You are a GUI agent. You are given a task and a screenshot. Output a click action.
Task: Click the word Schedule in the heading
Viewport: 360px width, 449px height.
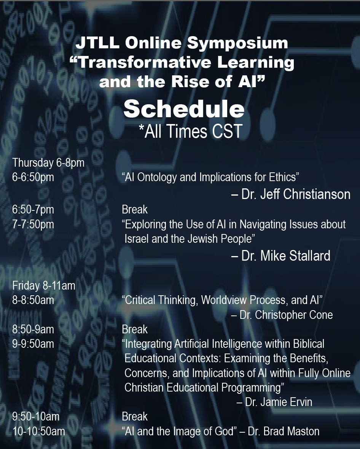(x=184, y=109)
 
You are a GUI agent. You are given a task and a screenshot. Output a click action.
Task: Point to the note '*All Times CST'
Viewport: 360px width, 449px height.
(x=190, y=131)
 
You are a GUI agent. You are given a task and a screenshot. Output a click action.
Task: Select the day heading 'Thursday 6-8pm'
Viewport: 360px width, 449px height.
(x=48, y=162)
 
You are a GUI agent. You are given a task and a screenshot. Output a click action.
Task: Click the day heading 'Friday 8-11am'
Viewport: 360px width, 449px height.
(x=44, y=285)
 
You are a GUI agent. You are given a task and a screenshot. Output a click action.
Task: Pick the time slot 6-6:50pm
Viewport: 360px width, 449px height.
(x=33, y=177)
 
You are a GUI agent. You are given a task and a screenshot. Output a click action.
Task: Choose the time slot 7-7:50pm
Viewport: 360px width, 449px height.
(x=33, y=224)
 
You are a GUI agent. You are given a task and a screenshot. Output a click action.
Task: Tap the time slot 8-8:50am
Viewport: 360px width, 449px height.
(x=33, y=300)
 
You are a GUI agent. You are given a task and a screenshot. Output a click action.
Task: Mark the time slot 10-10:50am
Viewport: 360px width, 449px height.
(x=39, y=431)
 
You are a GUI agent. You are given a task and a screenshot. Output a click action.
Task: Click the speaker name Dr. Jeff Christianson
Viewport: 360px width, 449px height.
(x=296, y=194)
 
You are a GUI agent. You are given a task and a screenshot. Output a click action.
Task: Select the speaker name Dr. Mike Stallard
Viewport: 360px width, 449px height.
(x=286, y=256)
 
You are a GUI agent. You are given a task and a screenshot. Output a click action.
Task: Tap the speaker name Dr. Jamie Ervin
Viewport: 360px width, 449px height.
(x=279, y=402)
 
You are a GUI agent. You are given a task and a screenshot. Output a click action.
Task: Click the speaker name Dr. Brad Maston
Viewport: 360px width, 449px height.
(x=284, y=431)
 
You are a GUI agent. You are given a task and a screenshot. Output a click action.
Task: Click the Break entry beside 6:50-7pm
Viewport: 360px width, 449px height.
(x=135, y=210)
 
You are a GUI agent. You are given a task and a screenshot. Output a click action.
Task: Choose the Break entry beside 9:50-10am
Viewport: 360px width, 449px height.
(x=135, y=416)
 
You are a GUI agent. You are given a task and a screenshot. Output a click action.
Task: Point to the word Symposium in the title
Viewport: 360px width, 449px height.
(x=237, y=43)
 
